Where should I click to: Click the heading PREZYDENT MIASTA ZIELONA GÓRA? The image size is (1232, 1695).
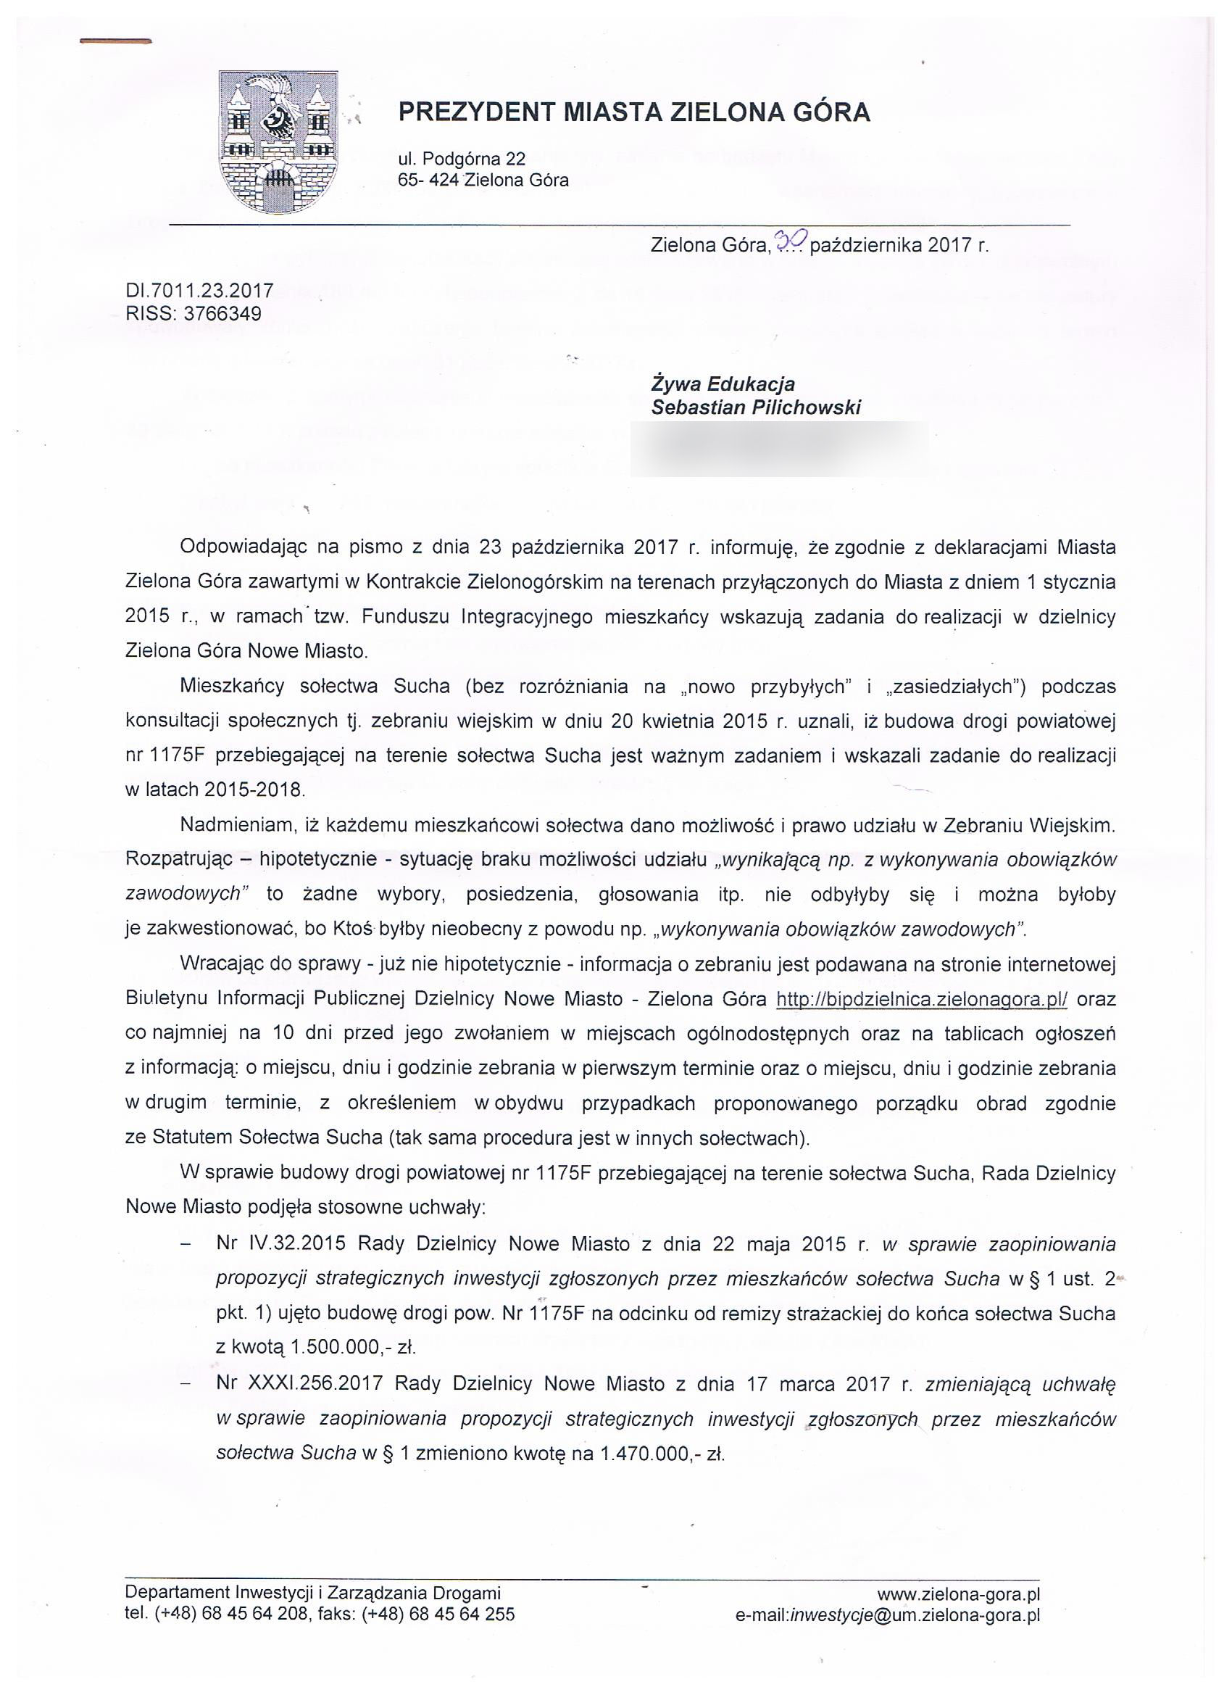click(x=633, y=112)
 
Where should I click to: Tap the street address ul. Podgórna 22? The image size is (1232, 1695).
click(x=461, y=159)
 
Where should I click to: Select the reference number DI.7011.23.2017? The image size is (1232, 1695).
click(x=199, y=291)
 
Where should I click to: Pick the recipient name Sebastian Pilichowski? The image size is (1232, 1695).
click(x=756, y=407)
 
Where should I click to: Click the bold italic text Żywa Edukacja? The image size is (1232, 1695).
click(x=723, y=384)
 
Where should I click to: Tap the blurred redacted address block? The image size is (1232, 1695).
click(x=778, y=449)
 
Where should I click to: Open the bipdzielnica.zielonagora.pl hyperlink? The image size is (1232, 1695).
click(x=921, y=999)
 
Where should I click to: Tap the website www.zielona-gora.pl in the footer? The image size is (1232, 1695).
click(x=959, y=1594)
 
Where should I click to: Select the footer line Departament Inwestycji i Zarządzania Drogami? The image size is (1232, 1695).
click(x=312, y=1594)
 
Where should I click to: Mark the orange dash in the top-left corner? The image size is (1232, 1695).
click(x=116, y=42)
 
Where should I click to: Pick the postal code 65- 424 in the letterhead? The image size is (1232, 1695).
click(x=429, y=180)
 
